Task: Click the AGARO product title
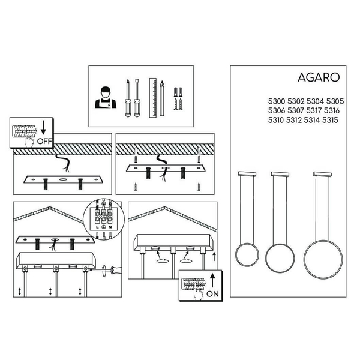pyautogui.click(x=319, y=77)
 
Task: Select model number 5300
pyautogui.click(x=277, y=101)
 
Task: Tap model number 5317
pyautogui.click(x=314, y=110)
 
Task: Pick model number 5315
pyautogui.click(x=330, y=120)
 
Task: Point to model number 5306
pyautogui.click(x=277, y=110)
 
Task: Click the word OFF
pyautogui.click(x=44, y=141)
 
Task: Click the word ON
pyautogui.click(x=212, y=294)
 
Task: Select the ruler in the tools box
pyautogui.click(x=153, y=98)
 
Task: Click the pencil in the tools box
pyautogui.click(x=162, y=98)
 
